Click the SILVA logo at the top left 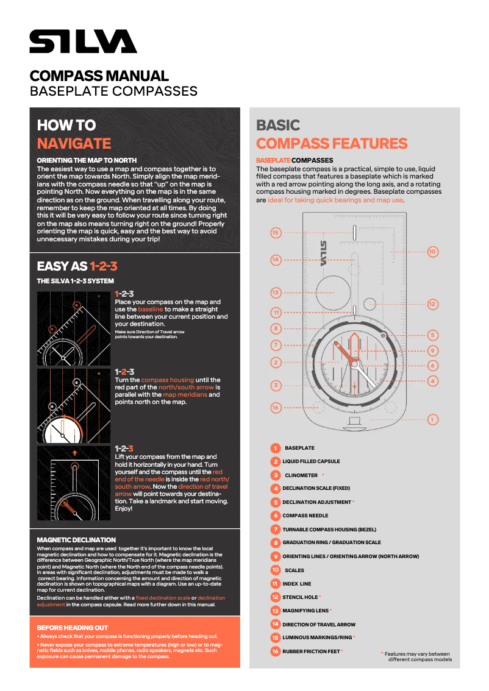coord(83,41)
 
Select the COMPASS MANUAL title coord(99,76)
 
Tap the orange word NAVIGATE coord(74,144)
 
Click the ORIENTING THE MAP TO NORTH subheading coord(87,160)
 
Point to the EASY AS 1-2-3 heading coord(77,266)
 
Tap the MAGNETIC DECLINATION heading coord(76,540)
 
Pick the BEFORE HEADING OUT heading coord(73,628)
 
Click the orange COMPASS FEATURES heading coord(332,144)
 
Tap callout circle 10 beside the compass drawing coord(432,251)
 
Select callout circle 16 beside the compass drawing coord(276,408)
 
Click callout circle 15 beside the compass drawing coord(276,233)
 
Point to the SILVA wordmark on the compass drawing coord(323,253)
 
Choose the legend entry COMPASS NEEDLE coord(305,516)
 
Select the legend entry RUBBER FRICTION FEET coord(311,651)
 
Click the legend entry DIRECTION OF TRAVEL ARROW coord(318,625)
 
